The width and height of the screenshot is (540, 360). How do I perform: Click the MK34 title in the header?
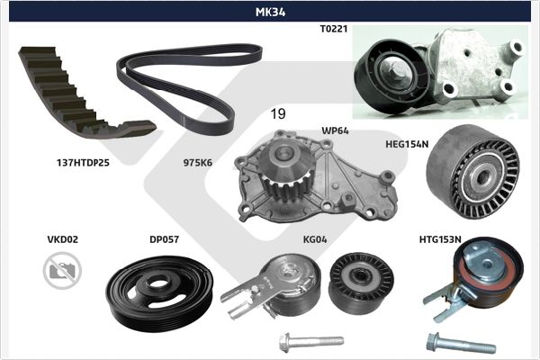pyautogui.click(x=270, y=12)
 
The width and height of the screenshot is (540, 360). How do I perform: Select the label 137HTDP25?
pyautogui.click(x=83, y=163)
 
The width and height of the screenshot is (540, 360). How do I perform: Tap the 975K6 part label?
pyautogui.click(x=198, y=163)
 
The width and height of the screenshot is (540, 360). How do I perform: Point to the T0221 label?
pyautogui.click(x=334, y=29)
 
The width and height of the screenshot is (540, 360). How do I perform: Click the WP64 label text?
pyautogui.click(x=335, y=130)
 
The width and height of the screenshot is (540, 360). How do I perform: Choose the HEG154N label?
pyautogui.click(x=407, y=144)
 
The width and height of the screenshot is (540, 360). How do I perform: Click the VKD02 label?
pyautogui.click(x=63, y=239)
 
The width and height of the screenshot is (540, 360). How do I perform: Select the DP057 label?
pyautogui.click(x=165, y=239)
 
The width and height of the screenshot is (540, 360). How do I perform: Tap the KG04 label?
pyautogui.click(x=315, y=239)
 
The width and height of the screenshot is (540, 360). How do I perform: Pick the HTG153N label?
pyautogui.click(x=440, y=239)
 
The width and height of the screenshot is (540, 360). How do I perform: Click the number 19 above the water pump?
pyautogui.click(x=278, y=113)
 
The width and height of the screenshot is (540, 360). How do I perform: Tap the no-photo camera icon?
pyautogui.click(x=62, y=270)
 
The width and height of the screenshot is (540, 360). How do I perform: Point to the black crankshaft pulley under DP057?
pyautogui.click(x=159, y=293)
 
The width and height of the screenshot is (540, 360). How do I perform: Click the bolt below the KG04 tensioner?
pyautogui.click(x=311, y=342)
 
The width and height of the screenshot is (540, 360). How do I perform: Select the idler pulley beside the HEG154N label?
pyautogui.click(x=472, y=172)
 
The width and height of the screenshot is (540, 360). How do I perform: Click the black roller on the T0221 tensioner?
pyautogui.click(x=392, y=76)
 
